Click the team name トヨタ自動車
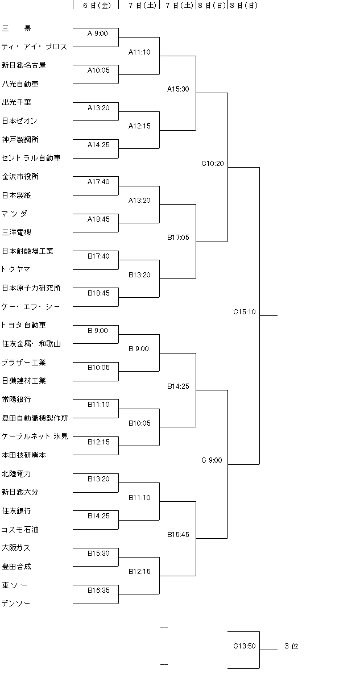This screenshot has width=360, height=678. click(24, 325)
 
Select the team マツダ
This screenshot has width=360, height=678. click(15, 214)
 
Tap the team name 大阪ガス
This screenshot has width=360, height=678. click(16, 548)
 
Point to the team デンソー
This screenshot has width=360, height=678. click(16, 604)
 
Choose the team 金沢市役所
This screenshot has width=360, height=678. click(20, 177)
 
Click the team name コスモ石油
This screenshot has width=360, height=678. click(20, 530)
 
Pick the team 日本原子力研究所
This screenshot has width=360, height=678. click(31, 288)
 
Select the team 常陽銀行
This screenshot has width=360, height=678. click(16, 400)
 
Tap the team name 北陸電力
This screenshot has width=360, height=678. click(16, 473)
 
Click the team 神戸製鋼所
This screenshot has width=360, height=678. click(20, 140)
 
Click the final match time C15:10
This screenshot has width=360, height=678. click(245, 312)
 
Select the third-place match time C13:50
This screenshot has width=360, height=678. click(245, 646)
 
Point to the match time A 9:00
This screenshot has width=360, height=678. click(98, 34)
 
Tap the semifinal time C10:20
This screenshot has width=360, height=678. click(213, 164)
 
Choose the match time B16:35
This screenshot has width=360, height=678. click(98, 590)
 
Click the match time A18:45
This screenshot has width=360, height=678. click(98, 219)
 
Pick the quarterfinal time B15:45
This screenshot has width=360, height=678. click(178, 535)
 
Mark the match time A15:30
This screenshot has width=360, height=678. click(178, 89)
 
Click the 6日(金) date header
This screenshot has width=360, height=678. click(96, 5)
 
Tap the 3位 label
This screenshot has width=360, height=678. click(291, 646)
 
